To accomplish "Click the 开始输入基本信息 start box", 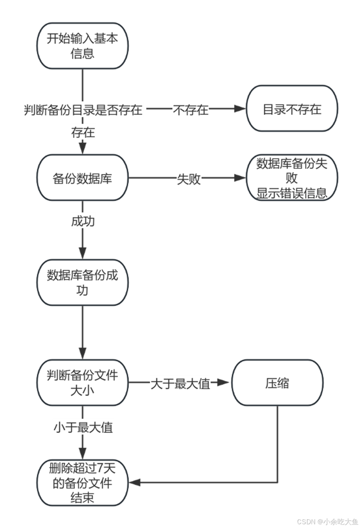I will click(82, 46).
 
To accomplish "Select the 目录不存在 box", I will click(292, 109).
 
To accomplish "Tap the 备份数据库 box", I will click(82, 178).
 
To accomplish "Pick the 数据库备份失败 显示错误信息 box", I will click(292, 178).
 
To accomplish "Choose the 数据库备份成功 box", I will click(82, 282).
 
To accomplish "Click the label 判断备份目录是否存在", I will click(83, 110).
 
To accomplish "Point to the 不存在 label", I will click(191, 110).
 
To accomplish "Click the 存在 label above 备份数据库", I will click(83, 133).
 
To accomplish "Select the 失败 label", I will click(189, 179).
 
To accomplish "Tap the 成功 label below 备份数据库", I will click(83, 222).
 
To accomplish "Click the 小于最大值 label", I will click(83, 427).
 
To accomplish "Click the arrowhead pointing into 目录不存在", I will click(240, 109).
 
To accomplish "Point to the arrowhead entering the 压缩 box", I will click(225, 383).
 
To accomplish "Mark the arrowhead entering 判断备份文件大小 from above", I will click(82, 353).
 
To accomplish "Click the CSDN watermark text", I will click(327, 521).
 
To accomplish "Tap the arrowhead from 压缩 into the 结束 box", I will click(134, 483).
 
